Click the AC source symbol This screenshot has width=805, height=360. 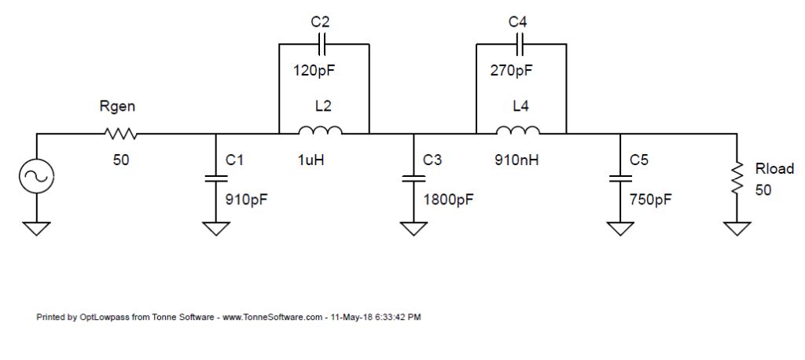37,176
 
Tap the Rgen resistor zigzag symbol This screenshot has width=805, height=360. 120,134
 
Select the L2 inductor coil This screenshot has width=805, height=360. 320,131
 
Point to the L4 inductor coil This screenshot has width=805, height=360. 518,131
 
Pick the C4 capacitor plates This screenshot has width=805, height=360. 521,44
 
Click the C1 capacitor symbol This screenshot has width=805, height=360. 215,178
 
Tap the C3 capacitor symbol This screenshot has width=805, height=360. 414,178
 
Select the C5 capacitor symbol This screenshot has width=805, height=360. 619,178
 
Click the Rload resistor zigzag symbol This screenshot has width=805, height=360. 737,178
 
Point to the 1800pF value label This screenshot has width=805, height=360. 447,199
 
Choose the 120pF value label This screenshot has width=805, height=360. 314,71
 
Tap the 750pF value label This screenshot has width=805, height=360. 651,199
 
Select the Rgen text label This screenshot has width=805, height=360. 118,108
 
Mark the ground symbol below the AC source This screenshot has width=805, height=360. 37,228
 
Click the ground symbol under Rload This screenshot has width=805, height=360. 737,228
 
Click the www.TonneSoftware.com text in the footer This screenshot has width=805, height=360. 272,318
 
